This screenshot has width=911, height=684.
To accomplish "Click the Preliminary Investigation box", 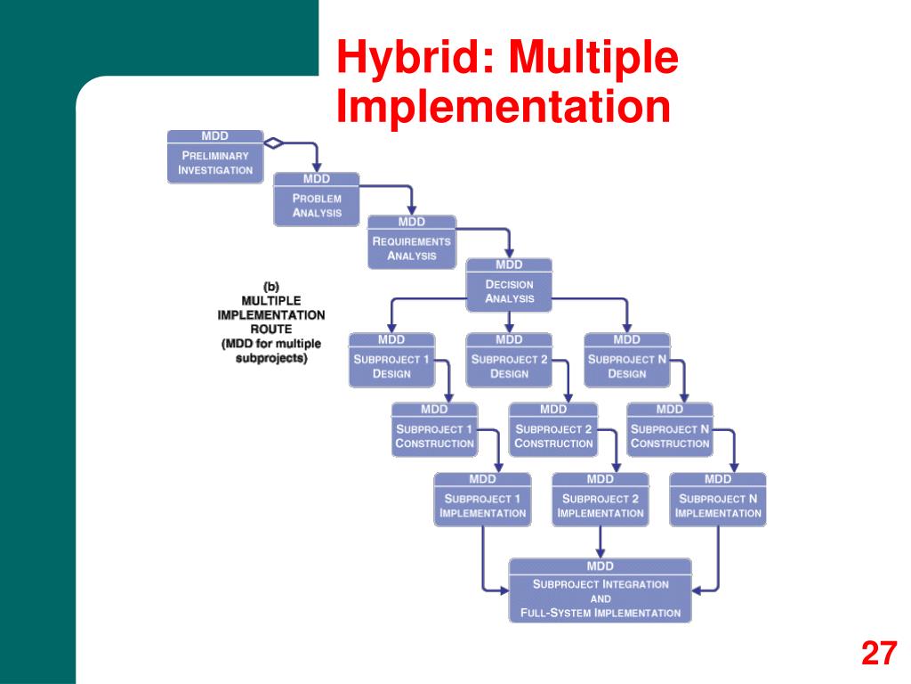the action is pyautogui.click(x=215, y=157).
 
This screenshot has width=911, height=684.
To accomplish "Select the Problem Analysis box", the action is pyautogui.click(x=317, y=199).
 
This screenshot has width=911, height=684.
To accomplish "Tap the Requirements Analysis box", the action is pyautogui.click(x=412, y=242).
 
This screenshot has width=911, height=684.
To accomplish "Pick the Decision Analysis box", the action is pyautogui.click(x=509, y=285).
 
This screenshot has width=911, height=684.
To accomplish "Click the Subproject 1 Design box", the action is pyautogui.click(x=391, y=360).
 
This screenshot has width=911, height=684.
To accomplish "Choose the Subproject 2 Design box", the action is pyautogui.click(x=509, y=360).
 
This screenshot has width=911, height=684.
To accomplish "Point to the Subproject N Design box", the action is pyautogui.click(x=626, y=360).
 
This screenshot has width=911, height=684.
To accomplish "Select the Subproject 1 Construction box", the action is pyautogui.click(x=434, y=430).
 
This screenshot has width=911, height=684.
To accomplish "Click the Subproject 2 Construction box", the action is pyautogui.click(x=552, y=430).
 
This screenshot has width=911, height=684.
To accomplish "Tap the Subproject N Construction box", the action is pyautogui.click(x=670, y=430).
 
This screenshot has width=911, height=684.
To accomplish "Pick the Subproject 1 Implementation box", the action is pyautogui.click(x=482, y=500).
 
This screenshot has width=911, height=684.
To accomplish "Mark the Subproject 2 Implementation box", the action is pyautogui.click(x=601, y=500).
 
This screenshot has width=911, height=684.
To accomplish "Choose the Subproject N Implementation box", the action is pyautogui.click(x=718, y=500).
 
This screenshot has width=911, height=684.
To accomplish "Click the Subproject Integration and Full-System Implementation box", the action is pyautogui.click(x=601, y=590).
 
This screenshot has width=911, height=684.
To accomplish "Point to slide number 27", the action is pyautogui.click(x=878, y=655).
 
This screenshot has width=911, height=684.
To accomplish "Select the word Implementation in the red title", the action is pyautogui.click(x=503, y=105).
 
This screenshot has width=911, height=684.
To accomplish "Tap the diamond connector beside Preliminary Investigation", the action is pyautogui.click(x=274, y=142).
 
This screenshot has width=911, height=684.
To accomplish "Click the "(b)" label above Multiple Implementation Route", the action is pyautogui.click(x=271, y=287).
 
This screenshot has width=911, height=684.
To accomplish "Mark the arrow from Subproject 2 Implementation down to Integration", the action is pyautogui.click(x=601, y=541).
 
